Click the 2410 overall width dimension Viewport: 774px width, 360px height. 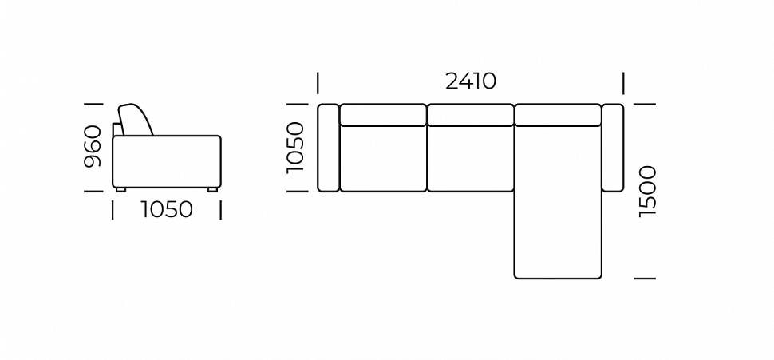click(471, 81)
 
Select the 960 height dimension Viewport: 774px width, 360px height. click(93, 146)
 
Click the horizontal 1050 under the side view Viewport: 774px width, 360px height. click(167, 210)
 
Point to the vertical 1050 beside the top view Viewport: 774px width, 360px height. click(295, 147)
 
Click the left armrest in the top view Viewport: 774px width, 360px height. click(328, 148)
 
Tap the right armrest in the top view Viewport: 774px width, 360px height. click(613, 148)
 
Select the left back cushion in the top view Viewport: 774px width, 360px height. click(383, 115)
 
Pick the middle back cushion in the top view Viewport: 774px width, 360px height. click(471, 115)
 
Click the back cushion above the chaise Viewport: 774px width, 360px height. click(558, 115)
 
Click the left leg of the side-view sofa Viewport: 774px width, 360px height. click(120, 190)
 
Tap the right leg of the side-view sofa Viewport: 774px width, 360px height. click(211, 190)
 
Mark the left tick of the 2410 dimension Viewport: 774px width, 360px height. click(318, 83)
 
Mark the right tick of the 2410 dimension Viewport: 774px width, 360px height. click(623, 83)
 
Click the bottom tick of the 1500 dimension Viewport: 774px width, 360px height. click(645, 279)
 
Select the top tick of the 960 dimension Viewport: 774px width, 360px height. click(94, 104)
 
